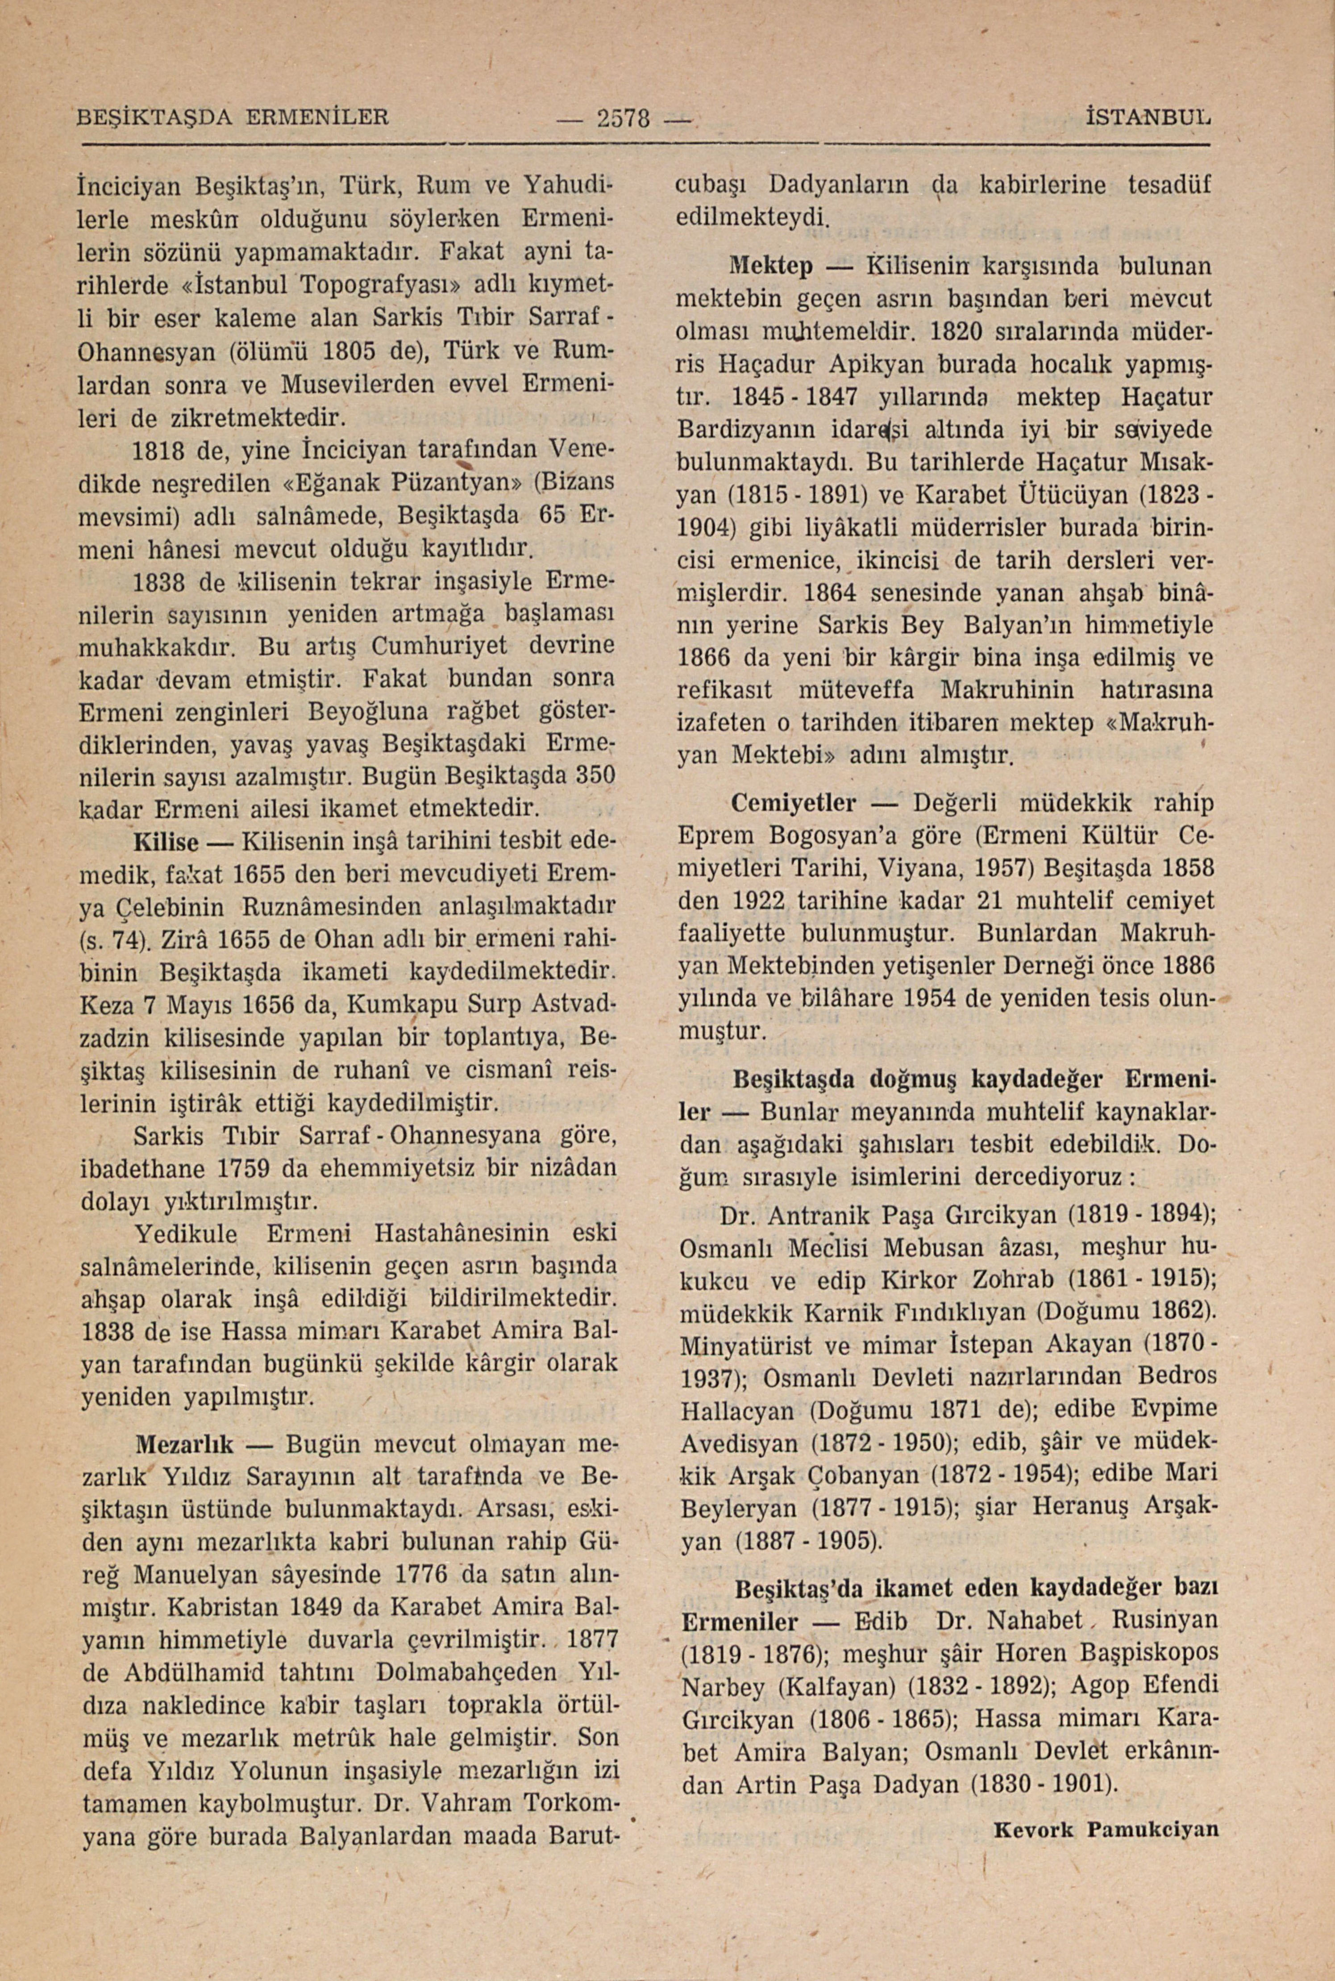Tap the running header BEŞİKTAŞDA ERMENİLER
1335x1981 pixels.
[233, 115]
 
